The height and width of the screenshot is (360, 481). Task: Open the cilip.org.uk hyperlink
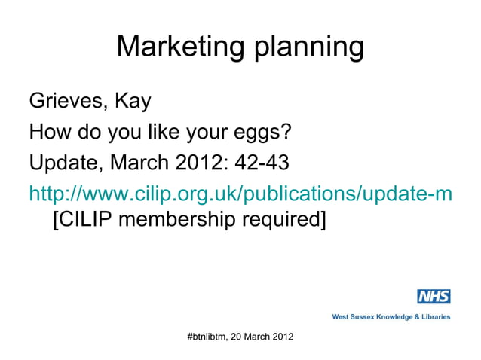coord(240,194)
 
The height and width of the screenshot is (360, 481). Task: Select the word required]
coord(290,224)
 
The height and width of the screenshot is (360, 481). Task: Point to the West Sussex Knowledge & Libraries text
coord(391,317)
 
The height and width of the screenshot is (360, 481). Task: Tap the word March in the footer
coord(260,335)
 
